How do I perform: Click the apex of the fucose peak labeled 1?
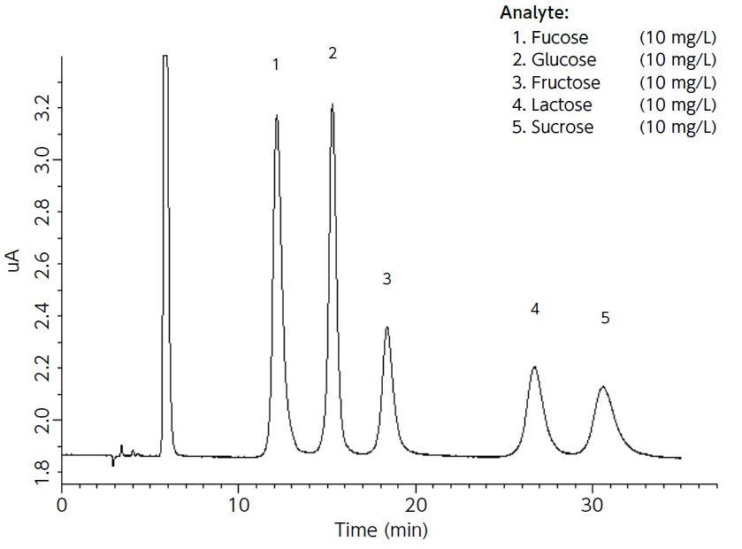277,116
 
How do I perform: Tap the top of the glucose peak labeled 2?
333,104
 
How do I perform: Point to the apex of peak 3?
386,328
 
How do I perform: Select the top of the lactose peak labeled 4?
534,367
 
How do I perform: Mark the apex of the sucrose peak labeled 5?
603,387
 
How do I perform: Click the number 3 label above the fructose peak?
386,279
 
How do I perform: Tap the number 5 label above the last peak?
605,319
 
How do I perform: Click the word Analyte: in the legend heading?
534,13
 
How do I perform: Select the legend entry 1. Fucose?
549,37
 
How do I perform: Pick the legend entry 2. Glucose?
554,60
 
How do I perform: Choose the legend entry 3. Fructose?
555,82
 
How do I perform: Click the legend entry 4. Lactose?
552,104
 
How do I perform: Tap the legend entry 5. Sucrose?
553,127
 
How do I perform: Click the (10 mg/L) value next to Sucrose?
677,127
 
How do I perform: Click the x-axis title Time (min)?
380,530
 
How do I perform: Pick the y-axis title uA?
15,260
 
